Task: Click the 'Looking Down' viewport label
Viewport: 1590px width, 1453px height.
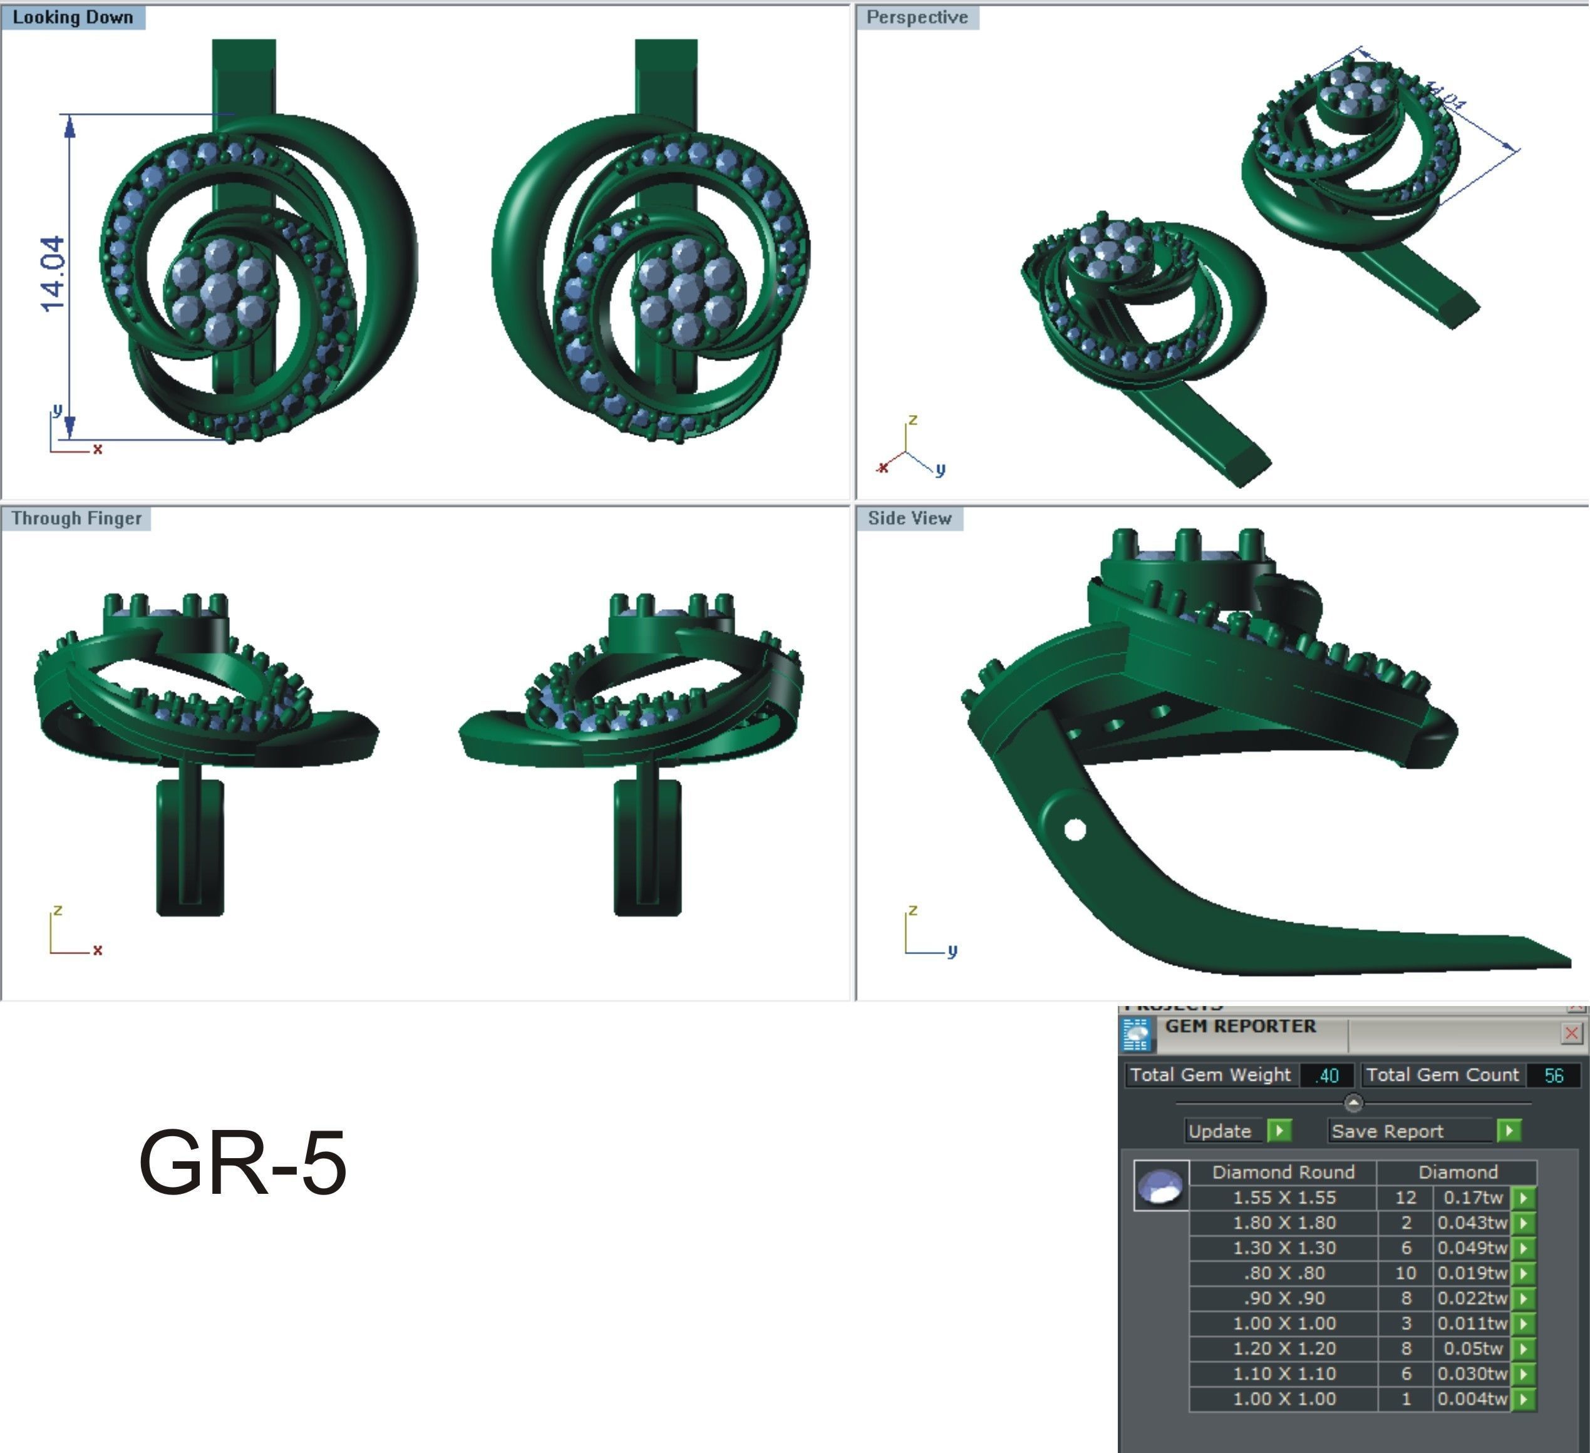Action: (73, 18)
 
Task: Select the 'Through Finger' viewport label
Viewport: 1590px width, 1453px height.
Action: (76, 518)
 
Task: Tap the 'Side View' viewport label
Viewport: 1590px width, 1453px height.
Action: (909, 518)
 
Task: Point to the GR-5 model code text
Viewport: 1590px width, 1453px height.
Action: (242, 1164)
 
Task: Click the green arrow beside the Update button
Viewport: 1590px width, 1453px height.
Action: (1279, 1131)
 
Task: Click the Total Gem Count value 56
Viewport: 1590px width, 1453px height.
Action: (1553, 1076)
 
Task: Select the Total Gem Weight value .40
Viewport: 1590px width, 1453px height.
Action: (1328, 1076)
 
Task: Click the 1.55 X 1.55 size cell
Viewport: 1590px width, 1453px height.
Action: (1283, 1198)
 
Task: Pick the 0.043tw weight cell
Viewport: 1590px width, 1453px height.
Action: (1471, 1223)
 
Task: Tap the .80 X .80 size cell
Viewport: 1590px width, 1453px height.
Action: (1283, 1273)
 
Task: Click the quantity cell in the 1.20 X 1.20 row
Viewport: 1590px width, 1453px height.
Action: (1405, 1348)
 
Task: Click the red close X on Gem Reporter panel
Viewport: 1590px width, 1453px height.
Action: (1571, 1033)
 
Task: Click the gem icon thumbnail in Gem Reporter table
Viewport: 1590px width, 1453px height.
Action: (1161, 1185)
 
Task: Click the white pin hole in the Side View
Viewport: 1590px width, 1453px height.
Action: (1074, 829)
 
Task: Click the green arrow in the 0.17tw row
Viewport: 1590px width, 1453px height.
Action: (1524, 1198)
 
